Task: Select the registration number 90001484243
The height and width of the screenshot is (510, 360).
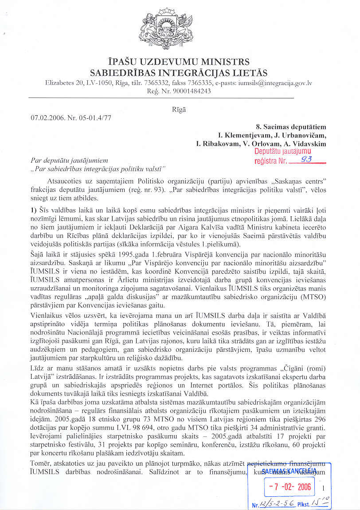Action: [x=192, y=91]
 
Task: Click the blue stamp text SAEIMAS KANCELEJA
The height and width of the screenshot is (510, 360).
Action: [x=289, y=471]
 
